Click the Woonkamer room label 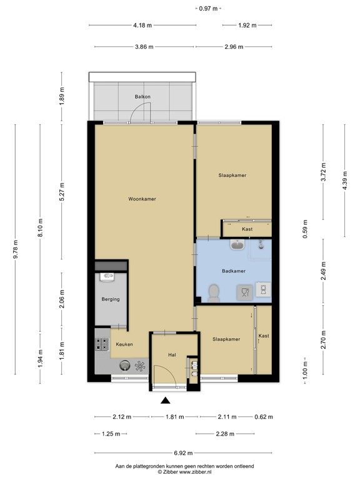click(x=142, y=199)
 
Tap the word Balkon click(x=142, y=97)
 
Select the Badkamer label click(x=233, y=271)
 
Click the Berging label click(x=111, y=300)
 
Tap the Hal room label click(x=172, y=355)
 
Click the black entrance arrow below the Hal click(x=166, y=401)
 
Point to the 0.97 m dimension click(x=208, y=9)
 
